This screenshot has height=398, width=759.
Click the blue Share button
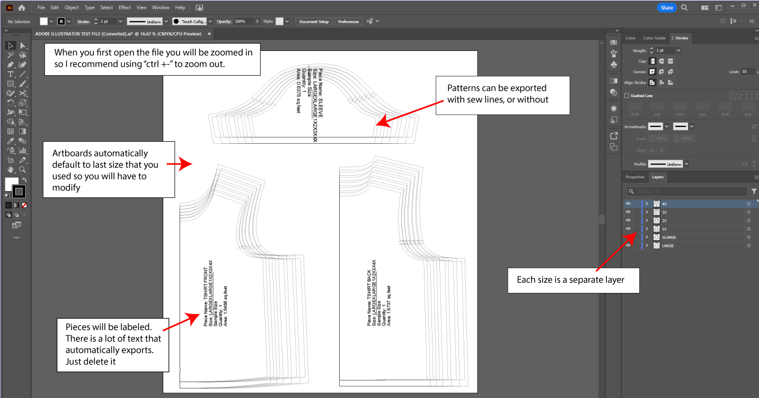666,7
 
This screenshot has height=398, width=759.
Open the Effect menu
125,7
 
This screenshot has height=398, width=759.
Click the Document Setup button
314,22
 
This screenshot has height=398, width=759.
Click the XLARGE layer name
669,237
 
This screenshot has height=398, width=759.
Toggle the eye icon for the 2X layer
628,220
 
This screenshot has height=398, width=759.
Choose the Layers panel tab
657,177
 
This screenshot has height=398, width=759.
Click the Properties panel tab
634,177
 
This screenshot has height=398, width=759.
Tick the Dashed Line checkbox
627,96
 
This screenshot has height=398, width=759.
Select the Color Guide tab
654,38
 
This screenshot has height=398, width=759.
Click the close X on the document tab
209,34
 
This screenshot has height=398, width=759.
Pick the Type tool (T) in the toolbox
11,74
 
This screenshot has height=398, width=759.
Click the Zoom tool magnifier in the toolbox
23,170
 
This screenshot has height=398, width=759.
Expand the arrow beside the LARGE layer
647,246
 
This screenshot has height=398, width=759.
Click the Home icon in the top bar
22,7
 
